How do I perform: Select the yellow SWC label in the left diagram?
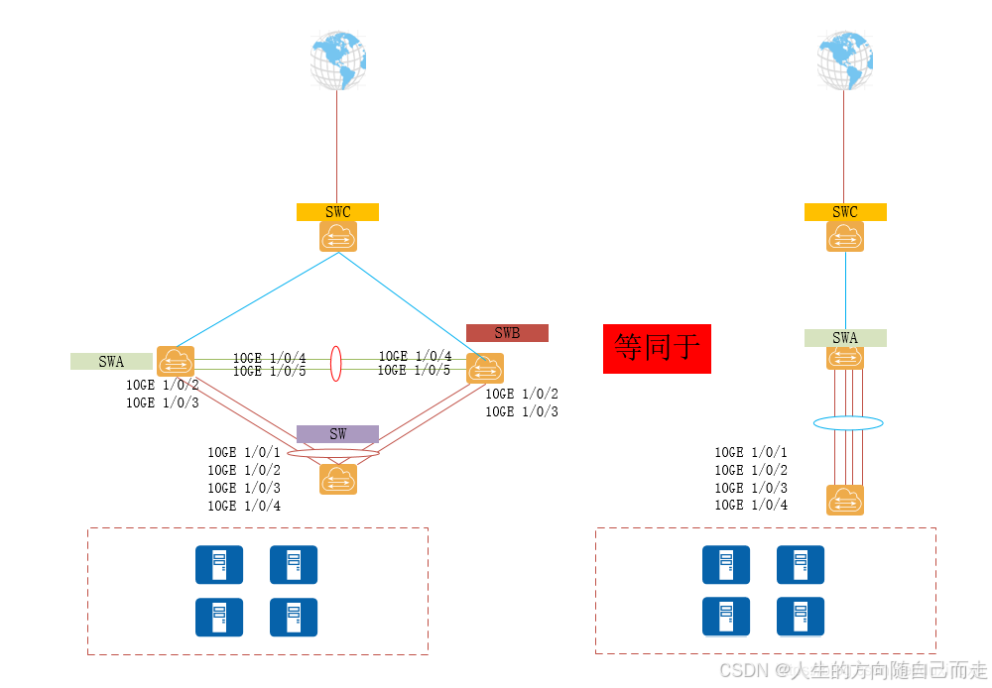337,212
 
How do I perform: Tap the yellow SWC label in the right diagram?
845,212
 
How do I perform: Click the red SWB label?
507,333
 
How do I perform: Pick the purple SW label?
337,434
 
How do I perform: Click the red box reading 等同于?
657,347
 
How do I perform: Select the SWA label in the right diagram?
845,338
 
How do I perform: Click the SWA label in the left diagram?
111,361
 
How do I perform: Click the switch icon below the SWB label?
485,368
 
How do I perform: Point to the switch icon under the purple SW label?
337,479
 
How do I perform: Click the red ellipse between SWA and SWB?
336,363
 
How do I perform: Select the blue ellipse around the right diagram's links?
848,423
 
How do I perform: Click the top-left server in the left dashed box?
218,564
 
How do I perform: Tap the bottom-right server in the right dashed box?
801,617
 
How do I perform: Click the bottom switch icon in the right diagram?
845,500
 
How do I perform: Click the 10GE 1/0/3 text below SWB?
521,411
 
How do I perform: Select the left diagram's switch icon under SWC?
337,237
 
